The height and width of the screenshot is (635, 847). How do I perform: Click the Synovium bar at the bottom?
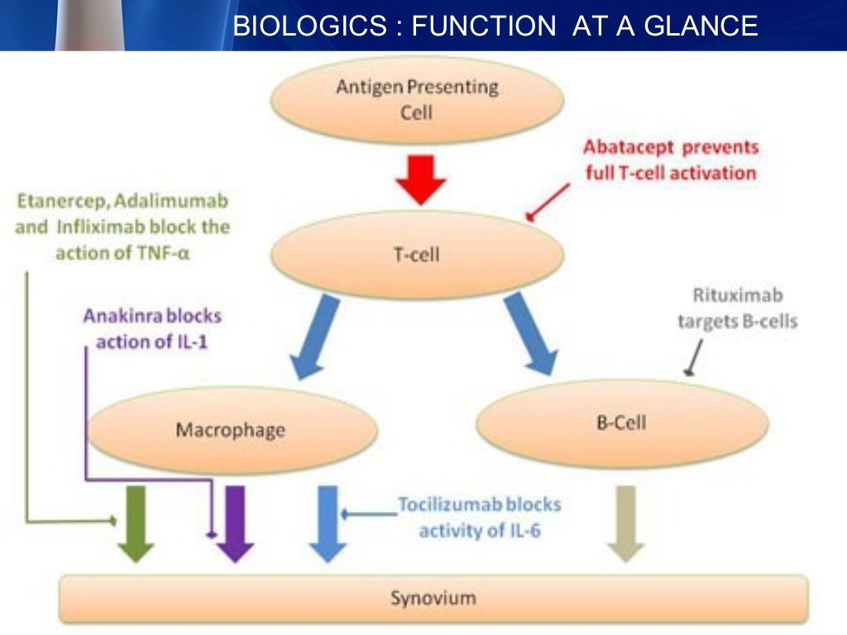[x=433, y=597]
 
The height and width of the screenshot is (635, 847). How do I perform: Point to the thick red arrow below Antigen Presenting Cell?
[x=419, y=178]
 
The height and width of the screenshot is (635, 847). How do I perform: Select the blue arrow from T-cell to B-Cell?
[x=530, y=335]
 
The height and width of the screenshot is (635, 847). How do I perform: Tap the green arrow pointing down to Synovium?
[x=136, y=523]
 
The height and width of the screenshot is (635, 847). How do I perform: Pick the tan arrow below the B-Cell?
[x=625, y=523]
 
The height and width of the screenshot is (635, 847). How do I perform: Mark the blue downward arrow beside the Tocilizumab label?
[x=328, y=523]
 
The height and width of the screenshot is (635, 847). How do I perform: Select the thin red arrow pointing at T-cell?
[x=548, y=203]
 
